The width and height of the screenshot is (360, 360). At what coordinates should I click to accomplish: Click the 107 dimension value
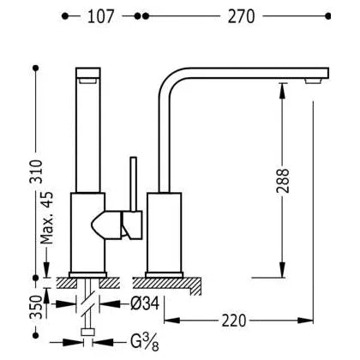[x=100, y=16]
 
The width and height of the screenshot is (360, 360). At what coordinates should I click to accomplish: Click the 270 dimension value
[x=241, y=16]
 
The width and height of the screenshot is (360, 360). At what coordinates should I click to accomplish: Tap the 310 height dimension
[x=36, y=171]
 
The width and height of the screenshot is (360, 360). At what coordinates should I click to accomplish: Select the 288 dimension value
[x=283, y=181]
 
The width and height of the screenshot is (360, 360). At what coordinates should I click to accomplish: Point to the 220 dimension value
[x=234, y=321]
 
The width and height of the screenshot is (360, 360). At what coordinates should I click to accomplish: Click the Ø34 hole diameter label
[x=145, y=303]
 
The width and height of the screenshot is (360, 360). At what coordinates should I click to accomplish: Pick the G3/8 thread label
[x=145, y=342]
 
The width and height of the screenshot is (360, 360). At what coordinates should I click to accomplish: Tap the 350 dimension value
[x=36, y=307]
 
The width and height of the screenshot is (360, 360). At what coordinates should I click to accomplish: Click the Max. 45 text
[x=46, y=218]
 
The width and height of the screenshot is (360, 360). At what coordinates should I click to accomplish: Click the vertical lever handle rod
[x=134, y=184]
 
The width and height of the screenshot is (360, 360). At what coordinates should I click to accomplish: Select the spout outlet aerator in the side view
[x=314, y=81]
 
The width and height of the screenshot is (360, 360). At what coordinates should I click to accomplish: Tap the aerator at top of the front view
[x=88, y=81]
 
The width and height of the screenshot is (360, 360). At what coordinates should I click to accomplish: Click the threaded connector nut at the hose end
[x=88, y=332]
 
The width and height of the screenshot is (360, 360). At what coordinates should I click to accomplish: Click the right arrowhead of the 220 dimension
[x=306, y=321]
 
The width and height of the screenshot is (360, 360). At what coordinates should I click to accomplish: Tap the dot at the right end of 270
[x=328, y=16]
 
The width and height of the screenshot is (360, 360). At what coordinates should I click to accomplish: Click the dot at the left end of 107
[x=65, y=16]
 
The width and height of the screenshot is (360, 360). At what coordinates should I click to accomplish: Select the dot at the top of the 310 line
[x=36, y=69]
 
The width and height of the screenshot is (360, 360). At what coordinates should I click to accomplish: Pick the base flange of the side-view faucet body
[x=164, y=275]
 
